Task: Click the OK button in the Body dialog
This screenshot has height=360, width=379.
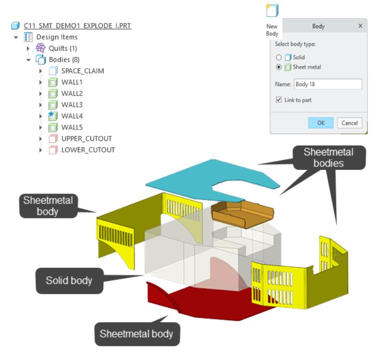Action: [x=321, y=123]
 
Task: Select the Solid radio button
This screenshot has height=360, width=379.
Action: [x=279, y=57]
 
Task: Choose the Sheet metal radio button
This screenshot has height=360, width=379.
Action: [x=279, y=67]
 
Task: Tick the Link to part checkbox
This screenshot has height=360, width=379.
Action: [x=279, y=100]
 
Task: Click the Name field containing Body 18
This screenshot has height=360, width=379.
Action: [x=328, y=84]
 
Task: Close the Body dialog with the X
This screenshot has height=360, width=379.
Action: [x=360, y=26]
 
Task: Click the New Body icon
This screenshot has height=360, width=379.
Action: [x=272, y=11]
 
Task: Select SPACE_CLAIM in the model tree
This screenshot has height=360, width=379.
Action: [x=83, y=71]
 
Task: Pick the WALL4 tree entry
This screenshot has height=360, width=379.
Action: [x=72, y=116]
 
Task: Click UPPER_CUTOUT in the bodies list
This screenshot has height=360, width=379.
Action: [x=86, y=138]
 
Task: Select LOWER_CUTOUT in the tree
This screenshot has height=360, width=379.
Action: [x=88, y=150]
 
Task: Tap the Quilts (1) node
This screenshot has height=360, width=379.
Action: [x=63, y=48]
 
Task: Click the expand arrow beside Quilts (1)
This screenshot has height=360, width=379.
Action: [x=28, y=48]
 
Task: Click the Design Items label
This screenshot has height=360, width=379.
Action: [x=57, y=37]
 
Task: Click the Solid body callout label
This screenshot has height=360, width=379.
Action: [x=69, y=281]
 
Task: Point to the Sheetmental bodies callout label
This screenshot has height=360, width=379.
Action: [x=329, y=157]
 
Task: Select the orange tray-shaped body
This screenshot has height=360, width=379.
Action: [x=242, y=214]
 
